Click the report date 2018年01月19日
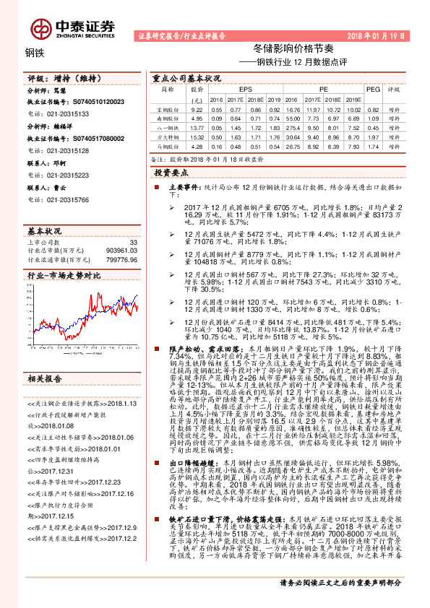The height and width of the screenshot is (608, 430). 380,35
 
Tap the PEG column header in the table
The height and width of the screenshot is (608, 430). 372,87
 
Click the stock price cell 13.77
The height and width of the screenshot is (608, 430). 196,126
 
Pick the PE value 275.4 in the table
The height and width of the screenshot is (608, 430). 293,126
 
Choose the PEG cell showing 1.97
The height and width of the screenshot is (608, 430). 372,135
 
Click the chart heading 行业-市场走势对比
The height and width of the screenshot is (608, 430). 64,275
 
